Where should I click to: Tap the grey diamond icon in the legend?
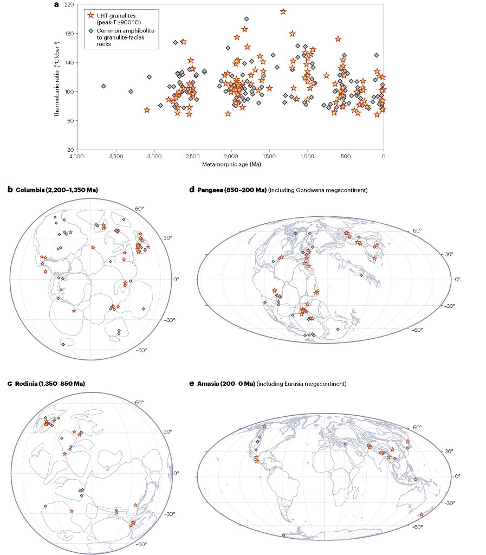pos(90,31)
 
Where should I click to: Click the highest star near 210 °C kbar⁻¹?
pos(283,11)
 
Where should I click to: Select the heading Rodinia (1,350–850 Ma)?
pos(50,384)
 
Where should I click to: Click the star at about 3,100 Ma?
pos(147,110)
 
